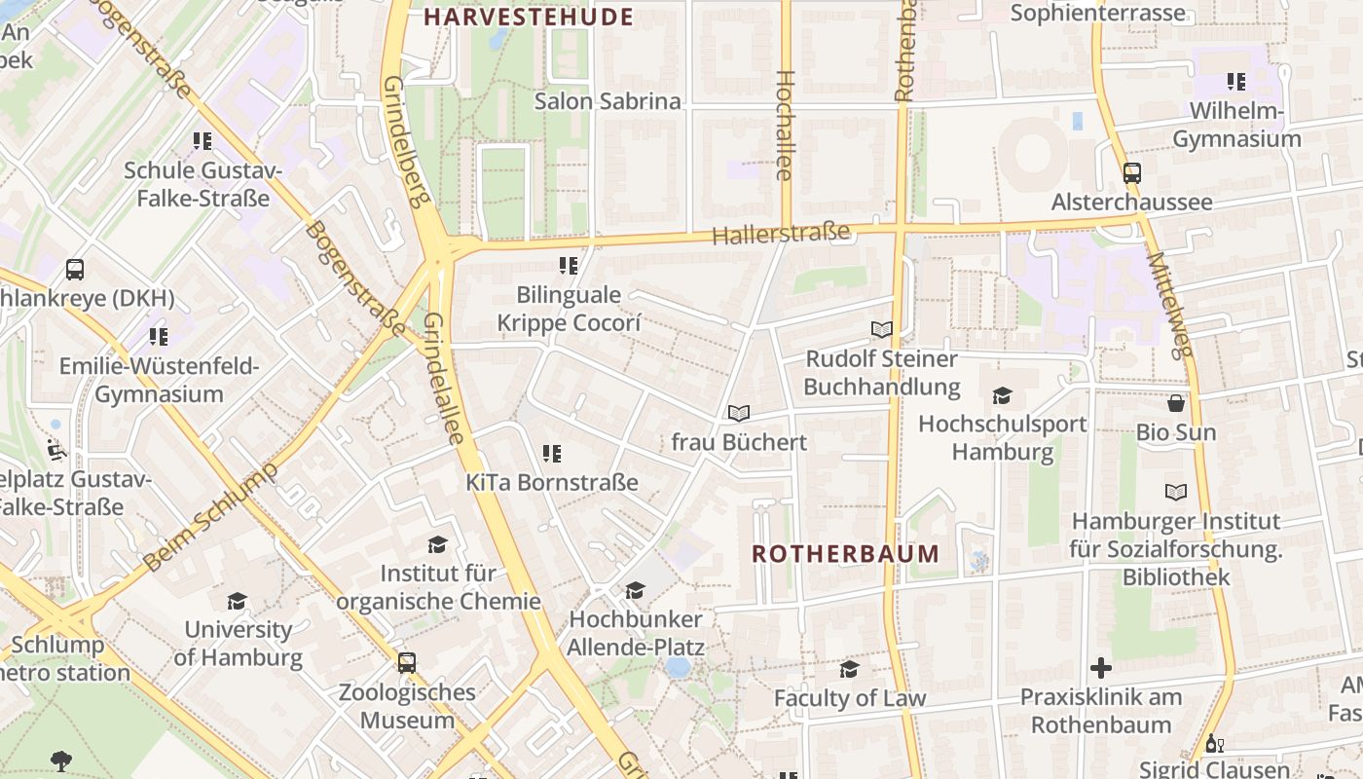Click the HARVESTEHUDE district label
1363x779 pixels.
(x=529, y=17)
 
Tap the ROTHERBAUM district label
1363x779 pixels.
(x=845, y=554)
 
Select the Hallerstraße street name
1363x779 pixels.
(x=781, y=234)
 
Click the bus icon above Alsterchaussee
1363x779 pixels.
(x=1131, y=173)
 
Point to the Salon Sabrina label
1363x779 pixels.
(x=608, y=101)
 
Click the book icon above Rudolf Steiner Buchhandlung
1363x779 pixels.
(x=882, y=330)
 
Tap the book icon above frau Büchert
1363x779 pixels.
(x=739, y=414)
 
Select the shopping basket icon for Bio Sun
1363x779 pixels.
(x=1176, y=403)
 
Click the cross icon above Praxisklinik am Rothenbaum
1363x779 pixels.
(x=1101, y=668)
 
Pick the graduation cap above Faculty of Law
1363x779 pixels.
(x=850, y=669)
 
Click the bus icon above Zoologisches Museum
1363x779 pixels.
(x=407, y=663)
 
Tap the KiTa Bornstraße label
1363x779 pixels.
(x=551, y=482)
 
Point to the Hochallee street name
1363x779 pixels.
(x=785, y=125)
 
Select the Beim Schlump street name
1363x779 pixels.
(x=209, y=518)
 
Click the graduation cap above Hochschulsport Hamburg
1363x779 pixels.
(x=1002, y=395)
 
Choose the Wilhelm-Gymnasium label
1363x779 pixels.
(x=1236, y=125)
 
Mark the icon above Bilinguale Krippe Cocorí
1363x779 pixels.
(x=569, y=266)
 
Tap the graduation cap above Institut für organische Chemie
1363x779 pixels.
(x=438, y=544)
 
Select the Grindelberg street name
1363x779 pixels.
(x=406, y=142)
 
